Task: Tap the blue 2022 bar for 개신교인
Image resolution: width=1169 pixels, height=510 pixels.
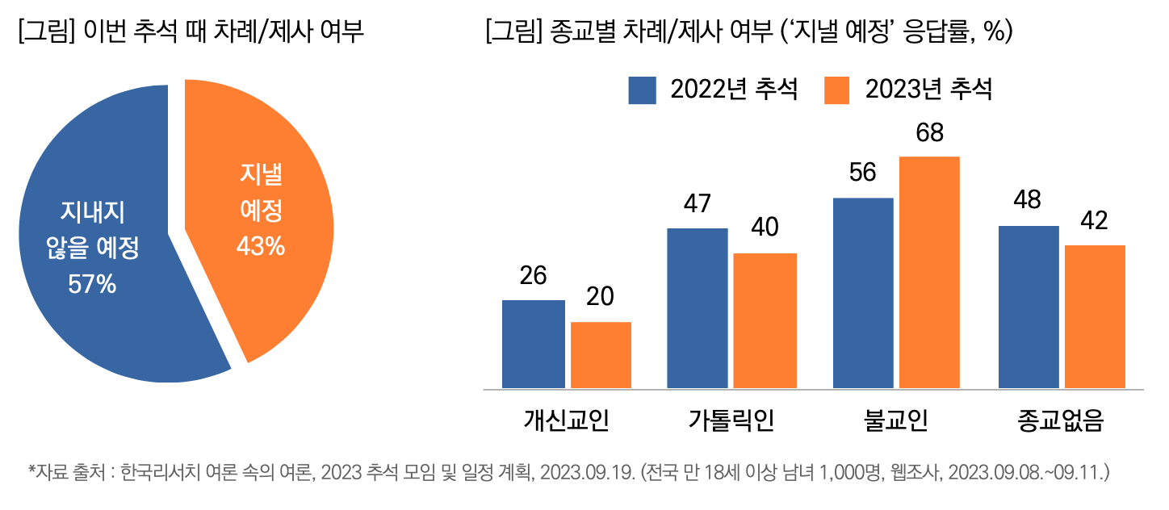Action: click(x=533, y=344)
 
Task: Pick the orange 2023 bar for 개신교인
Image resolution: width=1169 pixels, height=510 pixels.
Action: click(x=601, y=355)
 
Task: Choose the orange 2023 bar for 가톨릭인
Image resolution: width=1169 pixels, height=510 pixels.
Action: click(x=765, y=320)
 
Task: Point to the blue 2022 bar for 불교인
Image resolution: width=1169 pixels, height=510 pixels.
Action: click(x=862, y=293)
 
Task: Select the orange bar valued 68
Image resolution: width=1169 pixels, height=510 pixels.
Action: click(x=929, y=272)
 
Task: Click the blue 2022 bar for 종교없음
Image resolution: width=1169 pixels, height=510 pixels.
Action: click(x=1029, y=307)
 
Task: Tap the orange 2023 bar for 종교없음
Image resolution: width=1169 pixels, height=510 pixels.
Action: click(x=1095, y=316)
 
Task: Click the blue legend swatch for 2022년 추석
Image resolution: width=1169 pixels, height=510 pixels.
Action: click(x=643, y=90)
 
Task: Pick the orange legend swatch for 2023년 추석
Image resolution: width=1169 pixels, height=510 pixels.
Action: click(x=836, y=90)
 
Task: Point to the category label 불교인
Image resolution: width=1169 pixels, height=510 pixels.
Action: click(x=895, y=420)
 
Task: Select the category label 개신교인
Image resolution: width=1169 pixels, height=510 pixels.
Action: click(x=566, y=420)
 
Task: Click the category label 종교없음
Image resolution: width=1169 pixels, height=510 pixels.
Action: click(x=1061, y=420)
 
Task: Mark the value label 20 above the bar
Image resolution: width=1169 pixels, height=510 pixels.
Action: click(x=600, y=297)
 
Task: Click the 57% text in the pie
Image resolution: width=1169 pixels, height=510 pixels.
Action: click(x=92, y=284)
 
